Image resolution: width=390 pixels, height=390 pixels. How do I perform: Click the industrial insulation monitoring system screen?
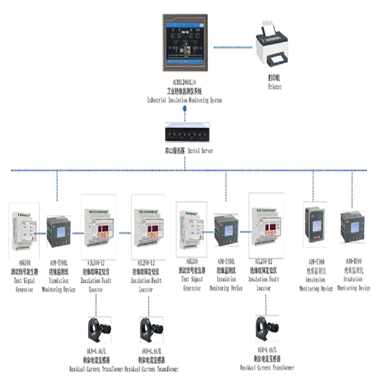coord(186,43)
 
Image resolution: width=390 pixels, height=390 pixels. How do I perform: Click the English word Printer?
coord(274,87)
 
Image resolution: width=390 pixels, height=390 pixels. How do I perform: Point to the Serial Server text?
coord(200,151)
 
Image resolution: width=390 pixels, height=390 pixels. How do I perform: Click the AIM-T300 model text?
coord(316,262)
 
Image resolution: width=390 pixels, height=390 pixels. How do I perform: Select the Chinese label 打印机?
coord(274,78)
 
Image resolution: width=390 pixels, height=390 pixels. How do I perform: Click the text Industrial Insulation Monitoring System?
coord(185,100)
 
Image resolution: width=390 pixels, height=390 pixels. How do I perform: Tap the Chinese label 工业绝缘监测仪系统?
coord(185,92)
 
